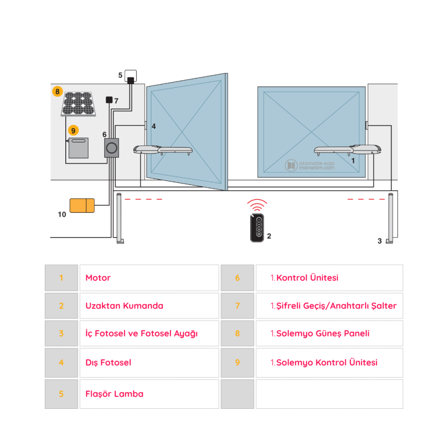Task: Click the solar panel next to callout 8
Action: (79, 104)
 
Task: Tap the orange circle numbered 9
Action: (72, 131)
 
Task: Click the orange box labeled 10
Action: (82, 205)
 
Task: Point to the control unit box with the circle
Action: (112, 147)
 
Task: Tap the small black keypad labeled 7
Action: (109, 100)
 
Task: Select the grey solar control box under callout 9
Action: (78, 148)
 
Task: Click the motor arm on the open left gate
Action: (163, 150)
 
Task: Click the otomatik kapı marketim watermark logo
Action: (310, 165)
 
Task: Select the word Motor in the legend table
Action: (98, 278)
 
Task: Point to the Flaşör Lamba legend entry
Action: (114, 394)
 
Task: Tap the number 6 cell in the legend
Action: (238, 278)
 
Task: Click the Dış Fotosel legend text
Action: (108, 363)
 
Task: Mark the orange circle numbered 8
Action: (57, 91)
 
